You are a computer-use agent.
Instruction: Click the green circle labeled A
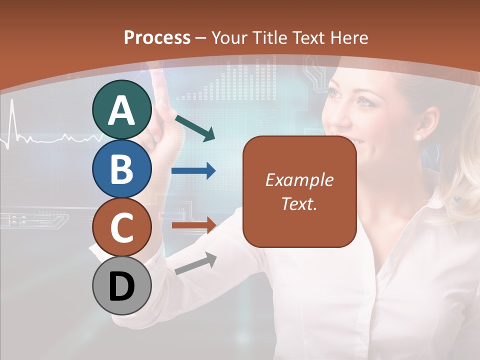(x=121, y=110)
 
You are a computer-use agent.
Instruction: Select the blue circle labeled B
(x=121, y=168)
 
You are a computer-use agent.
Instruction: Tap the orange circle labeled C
(x=121, y=227)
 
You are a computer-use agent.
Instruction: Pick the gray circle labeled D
(x=121, y=285)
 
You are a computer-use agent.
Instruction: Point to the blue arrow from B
(x=193, y=171)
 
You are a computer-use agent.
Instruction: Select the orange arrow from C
(x=193, y=225)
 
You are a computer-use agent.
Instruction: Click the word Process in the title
(x=157, y=37)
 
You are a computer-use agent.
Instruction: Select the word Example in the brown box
(x=299, y=180)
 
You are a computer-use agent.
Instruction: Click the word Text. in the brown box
(x=299, y=203)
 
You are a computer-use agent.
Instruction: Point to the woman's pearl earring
(x=418, y=136)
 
